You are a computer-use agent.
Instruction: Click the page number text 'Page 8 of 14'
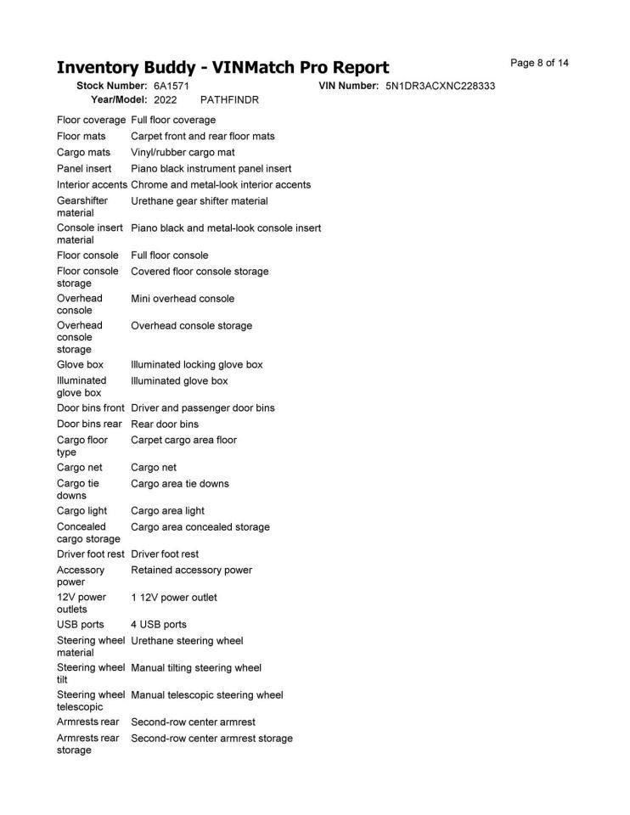tap(539, 63)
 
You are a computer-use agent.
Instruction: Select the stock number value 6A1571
tap(172, 87)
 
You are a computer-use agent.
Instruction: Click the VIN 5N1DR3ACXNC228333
tap(440, 87)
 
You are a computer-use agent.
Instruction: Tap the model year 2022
tap(166, 100)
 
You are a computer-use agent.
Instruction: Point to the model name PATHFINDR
tap(229, 100)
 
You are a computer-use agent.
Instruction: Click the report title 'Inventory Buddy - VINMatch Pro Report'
tap(222, 68)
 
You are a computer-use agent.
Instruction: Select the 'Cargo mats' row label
tap(83, 153)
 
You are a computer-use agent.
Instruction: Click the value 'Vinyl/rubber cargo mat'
tap(183, 153)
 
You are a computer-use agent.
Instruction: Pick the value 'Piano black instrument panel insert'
tap(211, 169)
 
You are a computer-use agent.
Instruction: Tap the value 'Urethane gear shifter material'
tap(199, 201)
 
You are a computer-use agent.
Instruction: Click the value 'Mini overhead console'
tap(183, 299)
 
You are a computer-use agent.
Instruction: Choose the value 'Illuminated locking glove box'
tap(196, 365)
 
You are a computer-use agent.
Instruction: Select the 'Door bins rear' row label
tap(89, 424)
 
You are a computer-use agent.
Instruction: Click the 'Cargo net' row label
tap(80, 468)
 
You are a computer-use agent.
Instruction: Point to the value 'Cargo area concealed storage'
tap(200, 527)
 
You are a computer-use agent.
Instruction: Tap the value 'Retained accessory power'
tap(191, 570)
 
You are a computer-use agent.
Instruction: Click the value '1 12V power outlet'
tap(173, 598)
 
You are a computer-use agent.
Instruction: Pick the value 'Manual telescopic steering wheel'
tap(206, 695)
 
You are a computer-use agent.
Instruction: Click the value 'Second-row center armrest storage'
tap(211, 739)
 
